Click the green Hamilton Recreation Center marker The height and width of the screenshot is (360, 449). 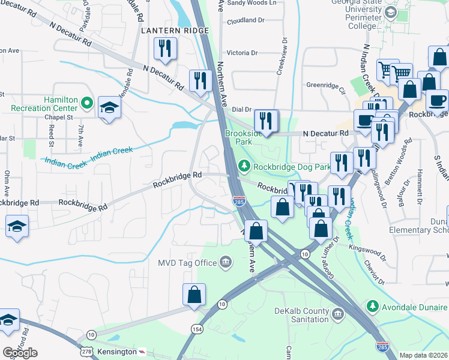coord(87,104)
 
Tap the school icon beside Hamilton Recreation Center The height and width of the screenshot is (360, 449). coord(109,108)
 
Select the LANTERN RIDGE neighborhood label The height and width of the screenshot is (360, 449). coord(175,30)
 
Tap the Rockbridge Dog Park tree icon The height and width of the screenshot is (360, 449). coord(244,166)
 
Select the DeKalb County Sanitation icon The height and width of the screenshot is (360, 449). coord(337,314)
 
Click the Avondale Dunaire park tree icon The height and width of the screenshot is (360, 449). coord(372,307)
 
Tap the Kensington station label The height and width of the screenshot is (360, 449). coord(115,351)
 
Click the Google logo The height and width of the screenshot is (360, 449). coord(19,352)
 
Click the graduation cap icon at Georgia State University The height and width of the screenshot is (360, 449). coord(391,13)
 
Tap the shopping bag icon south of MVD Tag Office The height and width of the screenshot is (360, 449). coord(194,295)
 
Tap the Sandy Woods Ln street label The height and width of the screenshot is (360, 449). coord(252,3)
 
